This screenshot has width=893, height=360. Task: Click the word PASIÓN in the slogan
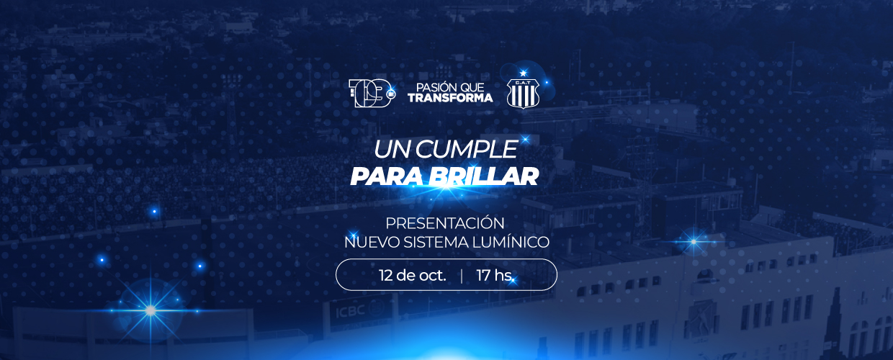(x=431, y=87)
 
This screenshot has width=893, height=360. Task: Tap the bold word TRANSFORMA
(x=450, y=98)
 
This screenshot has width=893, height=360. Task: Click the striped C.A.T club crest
(x=523, y=94)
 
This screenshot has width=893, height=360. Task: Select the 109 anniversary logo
(x=372, y=93)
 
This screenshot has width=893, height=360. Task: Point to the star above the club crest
(x=523, y=73)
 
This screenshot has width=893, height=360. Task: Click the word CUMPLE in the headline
(x=467, y=150)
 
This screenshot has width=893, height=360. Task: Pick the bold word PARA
(x=389, y=176)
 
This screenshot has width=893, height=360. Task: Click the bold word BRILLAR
(x=486, y=176)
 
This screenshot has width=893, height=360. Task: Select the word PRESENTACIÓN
(x=445, y=223)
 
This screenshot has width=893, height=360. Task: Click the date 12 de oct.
(x=412, y=275)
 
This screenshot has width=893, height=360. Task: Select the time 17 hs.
(x=495, y=275)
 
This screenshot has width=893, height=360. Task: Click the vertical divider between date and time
(x=462, y=276)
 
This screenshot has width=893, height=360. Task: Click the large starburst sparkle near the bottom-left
(x=151, y=310)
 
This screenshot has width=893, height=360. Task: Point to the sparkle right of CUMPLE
(x=525, y=139)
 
